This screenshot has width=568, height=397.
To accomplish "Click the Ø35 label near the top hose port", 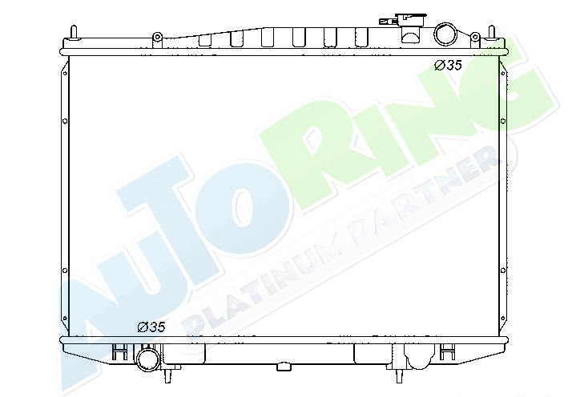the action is point(448,66).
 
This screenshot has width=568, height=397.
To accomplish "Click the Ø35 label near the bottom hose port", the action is point(151,327).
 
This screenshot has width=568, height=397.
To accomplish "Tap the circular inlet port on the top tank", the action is point(445,34).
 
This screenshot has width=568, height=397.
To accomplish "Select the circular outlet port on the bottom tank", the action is point(147,359).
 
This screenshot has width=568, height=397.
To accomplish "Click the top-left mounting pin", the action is point(74,32).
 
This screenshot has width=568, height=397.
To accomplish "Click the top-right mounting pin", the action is point(492,32).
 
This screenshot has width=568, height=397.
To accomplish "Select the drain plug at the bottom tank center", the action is point(284,367).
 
